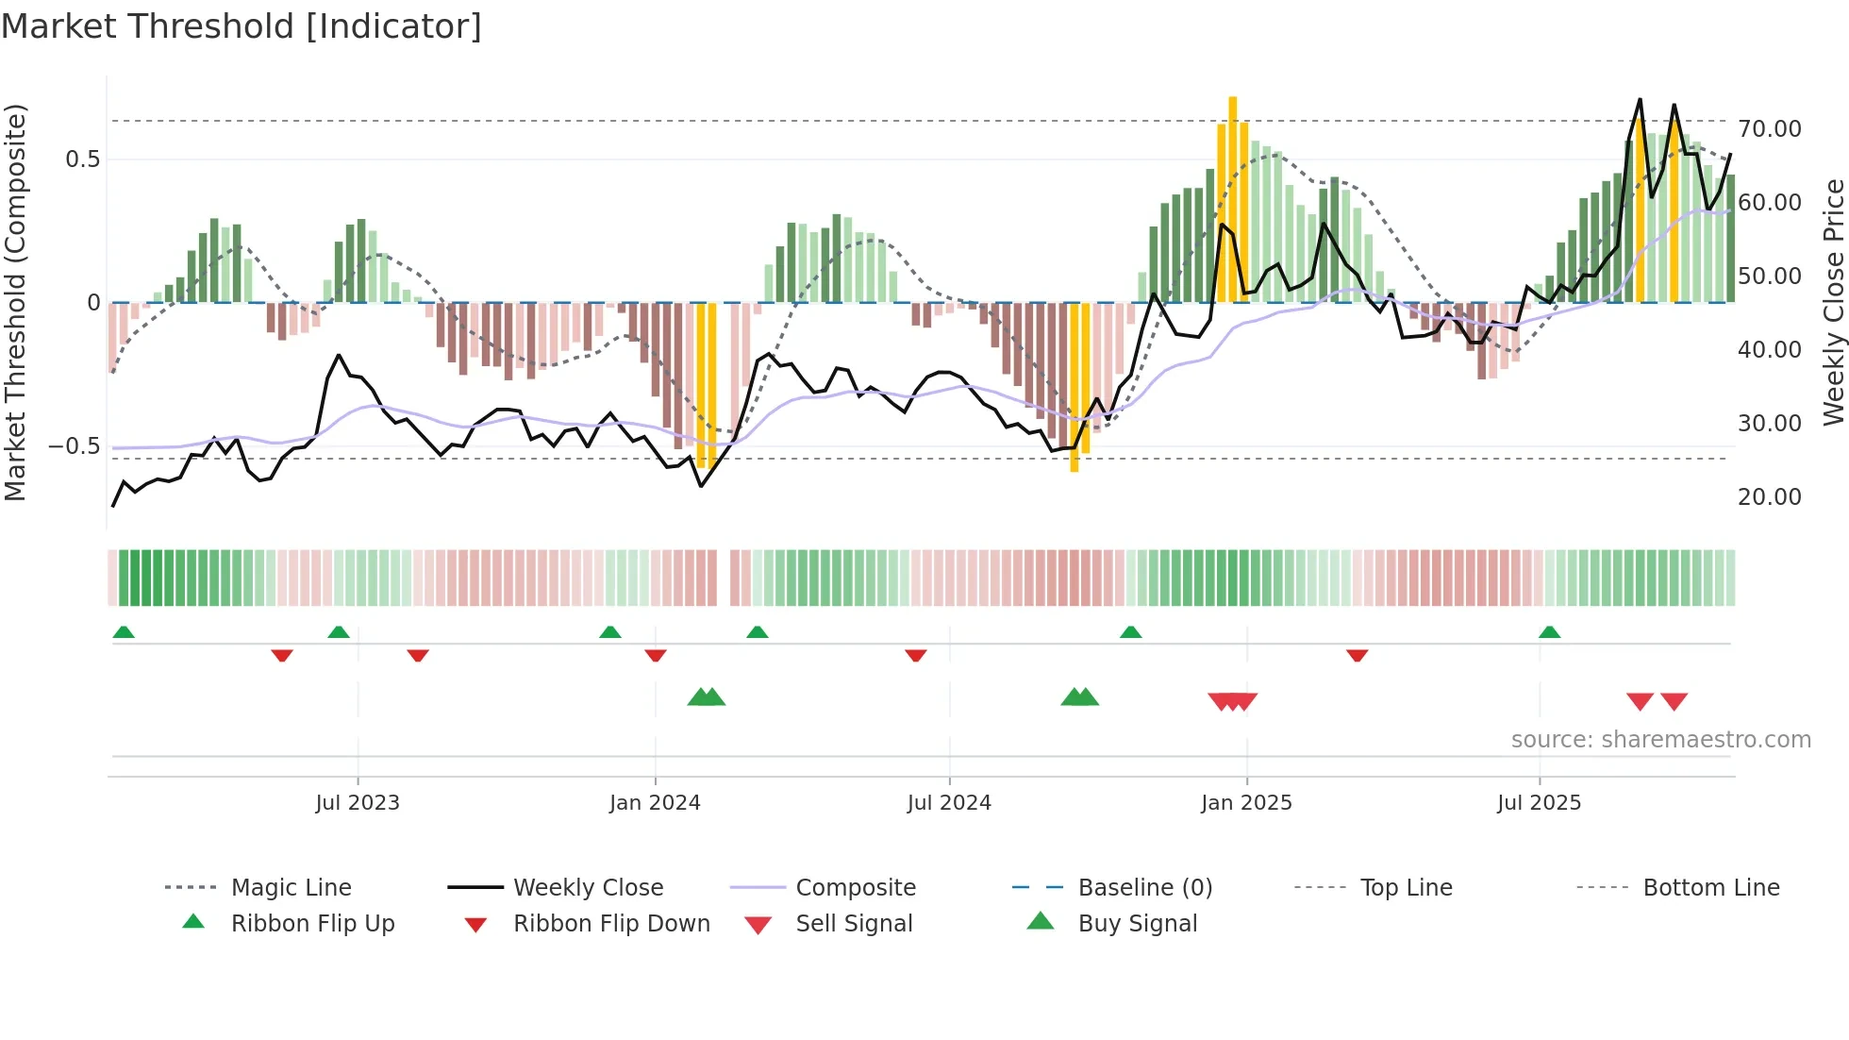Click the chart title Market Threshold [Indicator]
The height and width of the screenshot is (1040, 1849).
click(242, 26)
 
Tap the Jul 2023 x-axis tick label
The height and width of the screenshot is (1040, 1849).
click(358, 803)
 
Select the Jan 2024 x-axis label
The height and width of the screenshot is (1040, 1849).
click(655, 803)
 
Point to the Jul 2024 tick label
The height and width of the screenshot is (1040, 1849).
click(949, 803)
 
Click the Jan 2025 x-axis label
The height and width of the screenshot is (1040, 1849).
click(1246, 803)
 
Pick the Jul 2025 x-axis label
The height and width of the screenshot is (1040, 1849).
click(1539, 803)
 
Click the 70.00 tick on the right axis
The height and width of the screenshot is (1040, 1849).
click(1769, 129)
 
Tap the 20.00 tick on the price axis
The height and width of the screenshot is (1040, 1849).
click(1769, 497)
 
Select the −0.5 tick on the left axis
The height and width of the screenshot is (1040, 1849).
click(74, 446)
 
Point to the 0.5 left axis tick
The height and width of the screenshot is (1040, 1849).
click(83, 159)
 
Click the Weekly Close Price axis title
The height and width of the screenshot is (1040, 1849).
click(1833, 302)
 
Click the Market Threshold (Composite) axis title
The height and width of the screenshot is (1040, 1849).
click(15, 302)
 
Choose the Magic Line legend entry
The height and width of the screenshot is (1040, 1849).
click(291, 888)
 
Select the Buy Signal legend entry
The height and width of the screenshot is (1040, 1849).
click(1137, 924)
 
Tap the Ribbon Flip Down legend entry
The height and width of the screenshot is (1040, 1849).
click(611, 924)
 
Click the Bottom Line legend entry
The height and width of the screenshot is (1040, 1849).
click(1710, 888)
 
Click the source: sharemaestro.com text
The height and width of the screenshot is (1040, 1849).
click(1660, 740)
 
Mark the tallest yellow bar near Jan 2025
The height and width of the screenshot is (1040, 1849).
click(1233, 198)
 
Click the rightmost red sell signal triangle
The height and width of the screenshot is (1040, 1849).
click(1674, 701)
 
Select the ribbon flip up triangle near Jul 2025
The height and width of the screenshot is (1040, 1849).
click(1549, 632)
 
